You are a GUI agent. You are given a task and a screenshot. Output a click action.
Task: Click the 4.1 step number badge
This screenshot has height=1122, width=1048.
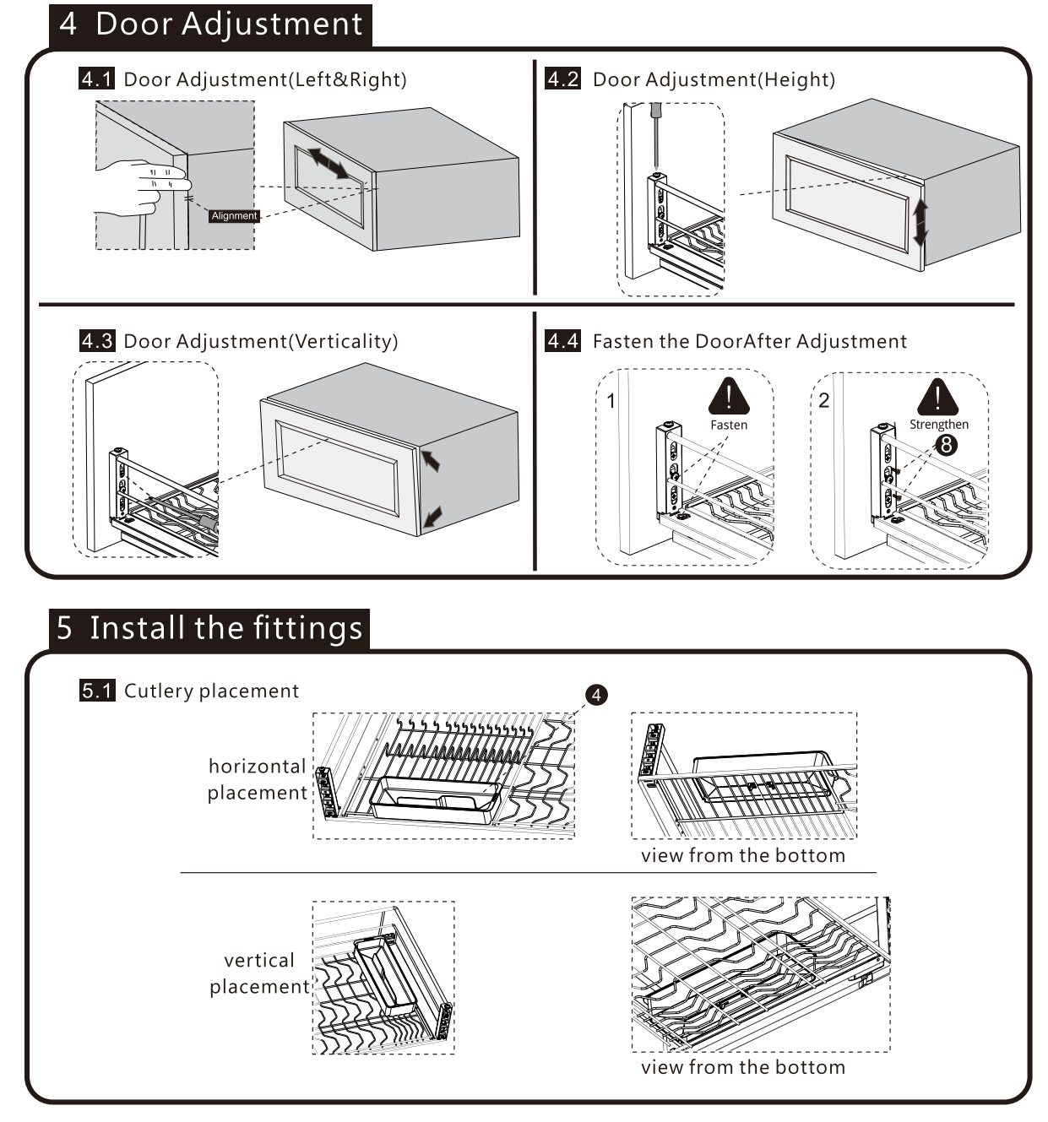(x=96, y=79)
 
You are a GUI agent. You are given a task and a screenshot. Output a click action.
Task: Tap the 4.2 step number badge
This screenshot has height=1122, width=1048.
(x=562, y=79)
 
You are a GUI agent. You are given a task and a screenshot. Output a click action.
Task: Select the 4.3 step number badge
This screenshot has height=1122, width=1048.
(x=96, y=341)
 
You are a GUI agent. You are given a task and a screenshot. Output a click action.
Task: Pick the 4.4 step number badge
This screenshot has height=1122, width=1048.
(x=562, y=341)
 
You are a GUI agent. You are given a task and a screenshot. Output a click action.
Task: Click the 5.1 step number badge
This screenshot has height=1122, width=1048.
(x=97, y=691)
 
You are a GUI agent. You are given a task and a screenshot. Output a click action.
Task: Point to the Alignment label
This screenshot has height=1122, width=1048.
(x=234, y=216)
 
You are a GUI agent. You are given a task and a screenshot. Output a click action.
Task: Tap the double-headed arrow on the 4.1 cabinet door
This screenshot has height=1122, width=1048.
(x=327, y=162)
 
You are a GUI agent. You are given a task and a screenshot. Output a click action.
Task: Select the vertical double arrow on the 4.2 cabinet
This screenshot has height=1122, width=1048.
(x=920, y=222)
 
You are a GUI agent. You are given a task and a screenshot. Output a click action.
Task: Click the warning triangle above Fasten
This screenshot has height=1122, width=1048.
(x=728, y=397)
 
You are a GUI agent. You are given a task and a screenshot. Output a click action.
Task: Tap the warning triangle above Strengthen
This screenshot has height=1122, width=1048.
(x=937, y=397)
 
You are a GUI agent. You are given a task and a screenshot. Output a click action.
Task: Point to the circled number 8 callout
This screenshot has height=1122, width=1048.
(x=947, y=444)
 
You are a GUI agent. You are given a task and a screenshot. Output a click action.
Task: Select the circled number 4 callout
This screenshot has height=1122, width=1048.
(x=596, y=695)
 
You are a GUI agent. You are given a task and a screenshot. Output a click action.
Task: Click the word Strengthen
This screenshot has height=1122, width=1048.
(x=938, y=425)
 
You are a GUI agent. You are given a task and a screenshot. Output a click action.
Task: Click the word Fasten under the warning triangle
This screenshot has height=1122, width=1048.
(x=728, y=425)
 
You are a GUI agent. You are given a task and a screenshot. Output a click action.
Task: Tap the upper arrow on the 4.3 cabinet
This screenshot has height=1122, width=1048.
(x=430, y=460)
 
